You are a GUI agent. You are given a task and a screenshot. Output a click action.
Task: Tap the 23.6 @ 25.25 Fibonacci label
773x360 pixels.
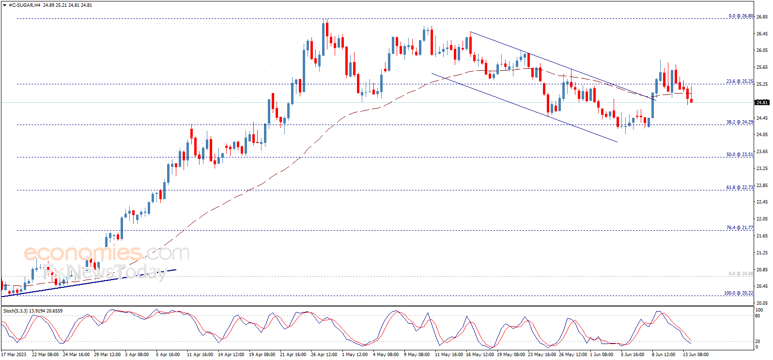click(739, 81)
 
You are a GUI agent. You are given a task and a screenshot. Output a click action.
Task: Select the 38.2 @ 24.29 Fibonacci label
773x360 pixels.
click(739, 122)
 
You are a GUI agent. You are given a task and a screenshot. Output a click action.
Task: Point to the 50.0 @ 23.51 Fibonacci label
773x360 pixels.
click(739, 155)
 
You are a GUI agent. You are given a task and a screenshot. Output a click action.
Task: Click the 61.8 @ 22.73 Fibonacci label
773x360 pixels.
click(739, 187)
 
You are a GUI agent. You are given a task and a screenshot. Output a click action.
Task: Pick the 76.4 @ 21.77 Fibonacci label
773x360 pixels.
click(739, 227)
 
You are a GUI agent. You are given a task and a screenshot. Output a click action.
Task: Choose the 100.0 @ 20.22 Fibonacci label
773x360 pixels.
click(738, 293)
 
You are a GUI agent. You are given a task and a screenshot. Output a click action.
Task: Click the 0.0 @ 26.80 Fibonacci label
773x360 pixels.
click(741, 16)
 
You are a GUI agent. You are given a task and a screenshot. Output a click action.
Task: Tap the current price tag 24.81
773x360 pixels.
click(762, 102)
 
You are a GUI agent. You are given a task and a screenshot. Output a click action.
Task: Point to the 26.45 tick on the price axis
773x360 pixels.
click(762, 33)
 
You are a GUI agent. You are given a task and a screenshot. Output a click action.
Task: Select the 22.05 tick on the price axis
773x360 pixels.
click(762, 219)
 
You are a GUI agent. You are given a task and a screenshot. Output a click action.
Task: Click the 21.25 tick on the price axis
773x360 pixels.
click(762, 252)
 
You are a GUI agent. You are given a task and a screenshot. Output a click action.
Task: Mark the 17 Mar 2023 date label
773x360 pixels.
click(14, 355)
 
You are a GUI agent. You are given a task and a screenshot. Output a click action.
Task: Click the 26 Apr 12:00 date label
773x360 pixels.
click(324, 355)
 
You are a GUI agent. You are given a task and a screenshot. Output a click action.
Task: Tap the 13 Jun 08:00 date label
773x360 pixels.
click(696, 355)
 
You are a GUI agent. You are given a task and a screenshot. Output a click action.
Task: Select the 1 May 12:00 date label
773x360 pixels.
click(355, 355)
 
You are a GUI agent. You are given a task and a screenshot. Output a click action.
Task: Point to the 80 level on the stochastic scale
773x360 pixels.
click(758, 316)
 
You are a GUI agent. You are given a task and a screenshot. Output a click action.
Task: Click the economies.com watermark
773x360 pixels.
click(106, 252)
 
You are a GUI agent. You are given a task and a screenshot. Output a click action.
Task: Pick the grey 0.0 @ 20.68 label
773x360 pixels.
click(741, 274)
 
